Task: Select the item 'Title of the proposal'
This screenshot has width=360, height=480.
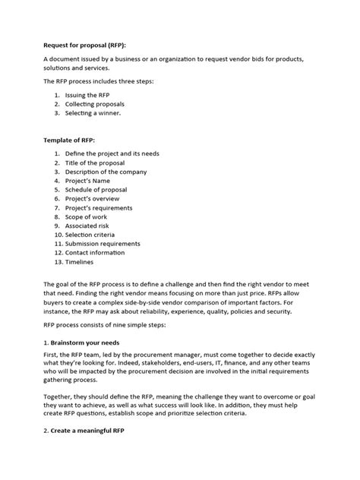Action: [x=99, y=163]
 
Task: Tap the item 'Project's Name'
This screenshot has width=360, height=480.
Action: [x=90, y=181]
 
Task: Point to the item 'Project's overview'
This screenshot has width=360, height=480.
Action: [x=96, y=199]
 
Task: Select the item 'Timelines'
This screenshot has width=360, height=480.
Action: [x=80, y=263]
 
